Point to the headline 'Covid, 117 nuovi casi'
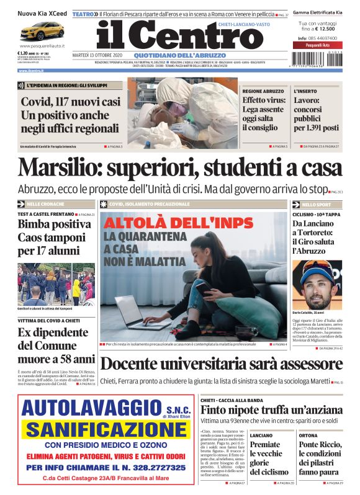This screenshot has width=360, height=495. pos(71,102)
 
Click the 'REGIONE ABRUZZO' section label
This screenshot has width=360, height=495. pos(264,91)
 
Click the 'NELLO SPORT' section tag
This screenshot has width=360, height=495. pos(316,204)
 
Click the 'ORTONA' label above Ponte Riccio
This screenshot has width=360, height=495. pos(308,435)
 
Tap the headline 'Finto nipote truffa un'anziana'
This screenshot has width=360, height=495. pos(271,411)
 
